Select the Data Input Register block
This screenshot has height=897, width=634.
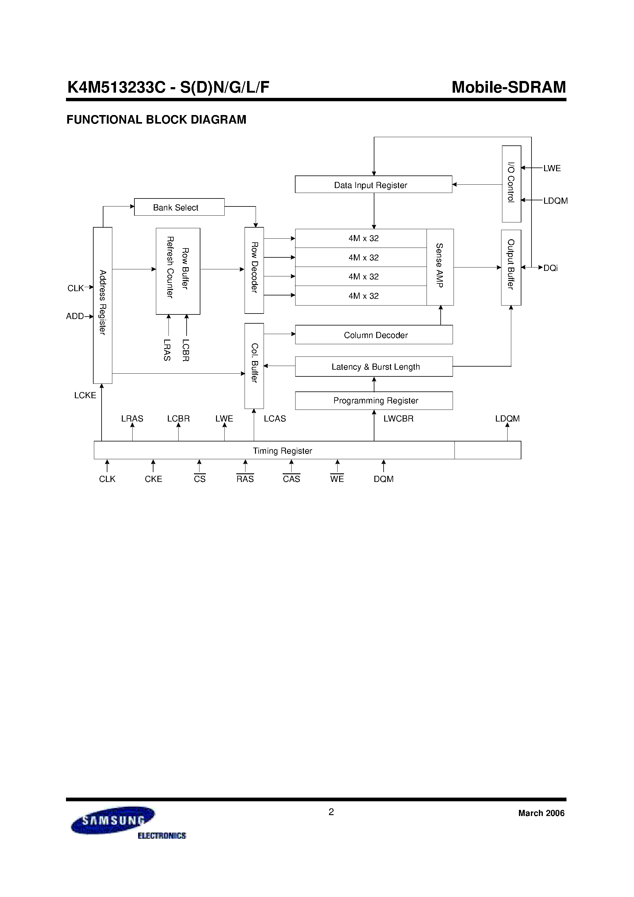[x=373, y=184]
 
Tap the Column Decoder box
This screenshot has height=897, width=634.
[x=374, y=335]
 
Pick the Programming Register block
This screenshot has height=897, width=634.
[x=374, y=400]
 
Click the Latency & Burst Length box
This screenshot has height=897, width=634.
[x=374, y=367]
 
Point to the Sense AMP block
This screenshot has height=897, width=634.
[x=440, y=267]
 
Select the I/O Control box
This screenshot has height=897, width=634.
[x=511, y=184]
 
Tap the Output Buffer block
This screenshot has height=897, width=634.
[x=511, y=267]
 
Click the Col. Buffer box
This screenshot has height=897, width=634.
[x=254, y=366]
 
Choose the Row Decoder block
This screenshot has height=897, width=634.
[x=254, y=270]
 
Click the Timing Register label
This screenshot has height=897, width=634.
[x=282, y=450]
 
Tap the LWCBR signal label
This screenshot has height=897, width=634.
[x=398, y=418]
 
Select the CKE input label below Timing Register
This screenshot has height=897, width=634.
[x=153, y=479]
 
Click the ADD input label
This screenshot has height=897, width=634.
[x=75, y=316]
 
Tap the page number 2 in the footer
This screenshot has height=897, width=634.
[x=331, y=812]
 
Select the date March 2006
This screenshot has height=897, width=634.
[x=541, y=813]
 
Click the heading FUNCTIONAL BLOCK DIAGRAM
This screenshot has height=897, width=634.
[x=156, y=120]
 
